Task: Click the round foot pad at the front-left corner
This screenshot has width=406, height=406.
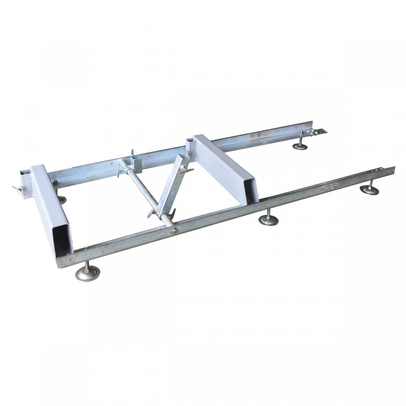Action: click(x=87, y=274)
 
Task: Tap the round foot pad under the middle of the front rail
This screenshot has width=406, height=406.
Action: click(x=268, y=221)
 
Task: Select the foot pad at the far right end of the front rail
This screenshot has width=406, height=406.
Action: click(x=369, y=190)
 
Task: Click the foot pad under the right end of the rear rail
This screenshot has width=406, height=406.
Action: click(x=300, y=146)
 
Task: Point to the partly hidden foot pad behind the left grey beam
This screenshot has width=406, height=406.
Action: click(x=62, y=200)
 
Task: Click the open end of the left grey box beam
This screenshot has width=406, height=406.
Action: click(x=62, y=240)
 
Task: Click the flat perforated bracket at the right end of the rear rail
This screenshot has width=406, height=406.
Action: click(x=319, y=132)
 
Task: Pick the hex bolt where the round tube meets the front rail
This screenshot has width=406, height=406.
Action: click(x=173, y=231)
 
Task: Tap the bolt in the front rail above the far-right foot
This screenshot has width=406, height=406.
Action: click(x=334, y=185)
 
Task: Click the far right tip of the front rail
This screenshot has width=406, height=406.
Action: click(x=393, y=169)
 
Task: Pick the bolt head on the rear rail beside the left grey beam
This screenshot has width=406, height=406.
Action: click(x=55, y=182)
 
